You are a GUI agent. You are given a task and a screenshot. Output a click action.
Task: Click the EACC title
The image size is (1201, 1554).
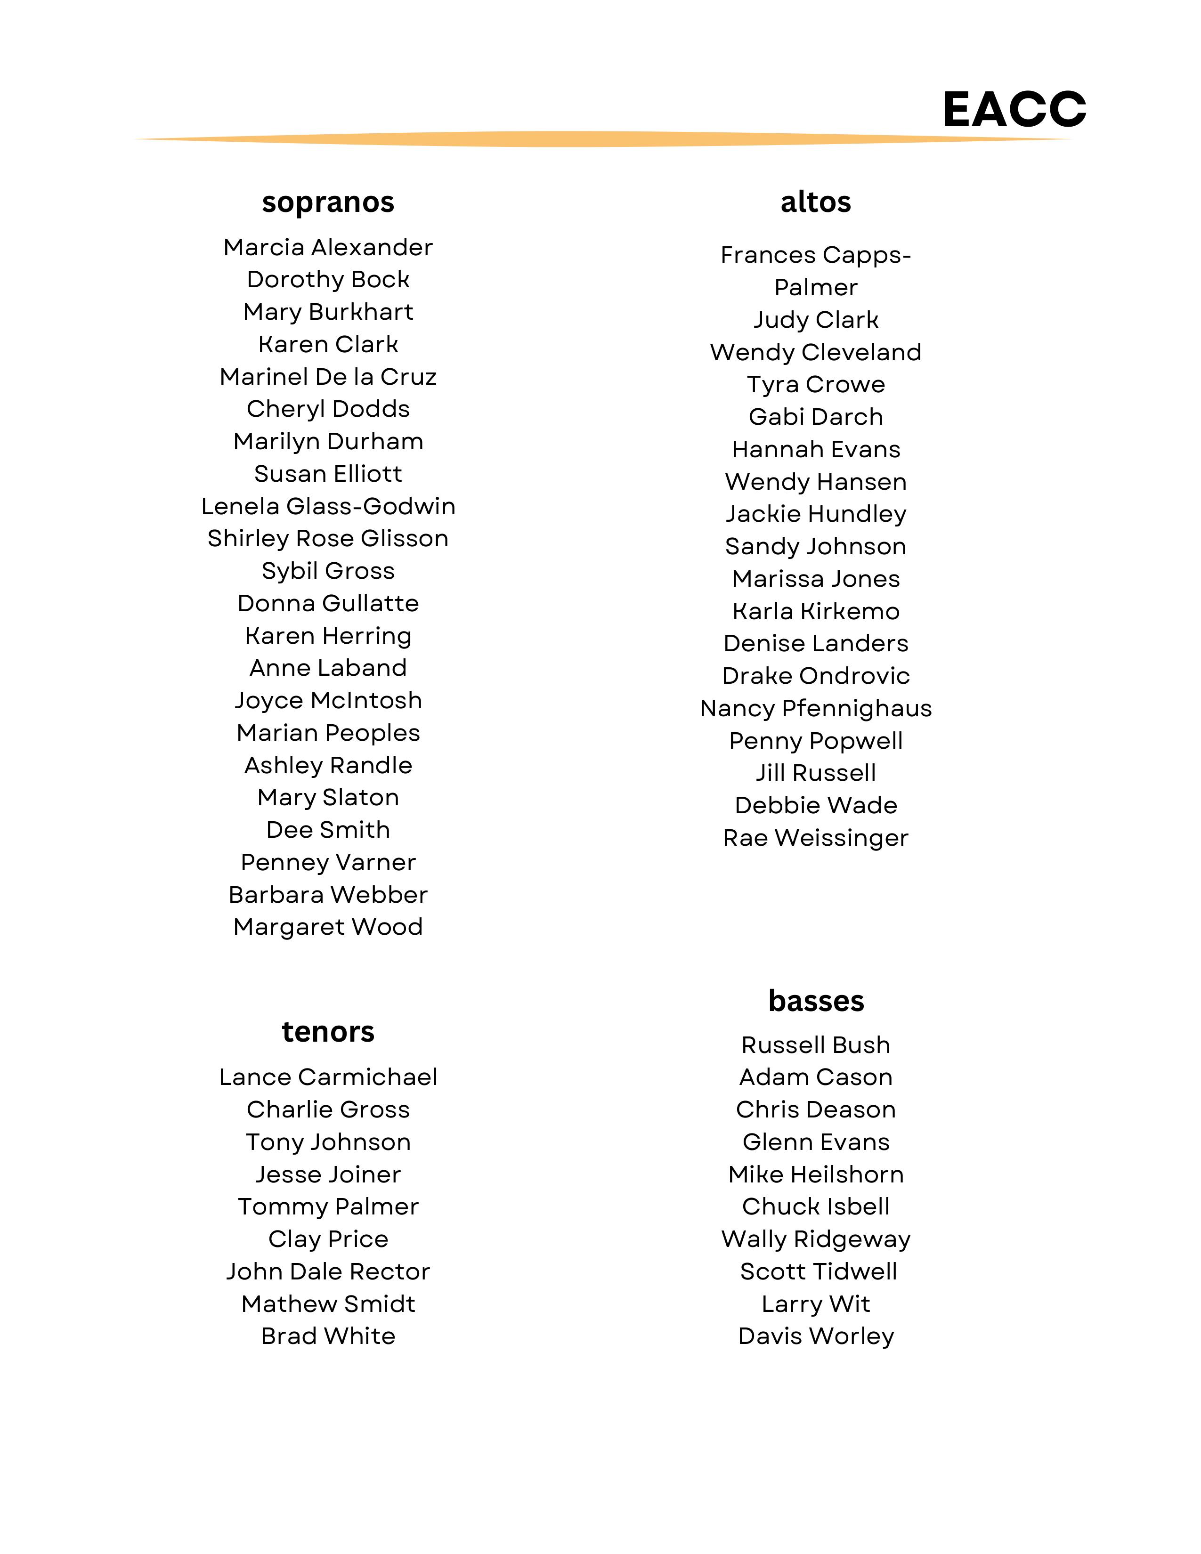pyautogui.click(x=1014, y=110)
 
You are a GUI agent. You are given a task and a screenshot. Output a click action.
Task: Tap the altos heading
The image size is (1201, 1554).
pyautogui.click(x=815, y=202)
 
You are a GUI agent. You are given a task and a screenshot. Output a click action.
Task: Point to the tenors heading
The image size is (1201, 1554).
pyautogui.click(x=328, y=1032)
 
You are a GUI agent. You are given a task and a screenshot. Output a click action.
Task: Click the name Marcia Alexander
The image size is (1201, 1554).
pyautogui.click(x=328, y=248)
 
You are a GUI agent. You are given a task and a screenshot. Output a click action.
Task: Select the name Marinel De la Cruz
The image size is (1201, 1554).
pyautogui.click(x=328, y=377)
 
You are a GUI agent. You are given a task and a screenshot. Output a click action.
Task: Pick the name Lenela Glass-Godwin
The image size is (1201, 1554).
pyautogui.click(x=328, y=507)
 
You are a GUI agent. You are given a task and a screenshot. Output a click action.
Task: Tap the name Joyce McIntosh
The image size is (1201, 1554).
pyautogui.click(x=328, y=701)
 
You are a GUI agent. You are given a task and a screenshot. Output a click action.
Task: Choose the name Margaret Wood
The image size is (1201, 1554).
pyautogui.click(x=328, y=927)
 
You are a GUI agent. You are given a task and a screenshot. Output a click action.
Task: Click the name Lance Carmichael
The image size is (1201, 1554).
pyautogui.click(x=328, y=1077)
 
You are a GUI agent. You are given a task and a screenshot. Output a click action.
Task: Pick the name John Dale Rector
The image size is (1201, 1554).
pyautogui.click(x=328, y=1271)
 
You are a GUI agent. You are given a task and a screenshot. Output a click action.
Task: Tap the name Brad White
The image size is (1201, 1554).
pyautogui.click(x=328, y=1336)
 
